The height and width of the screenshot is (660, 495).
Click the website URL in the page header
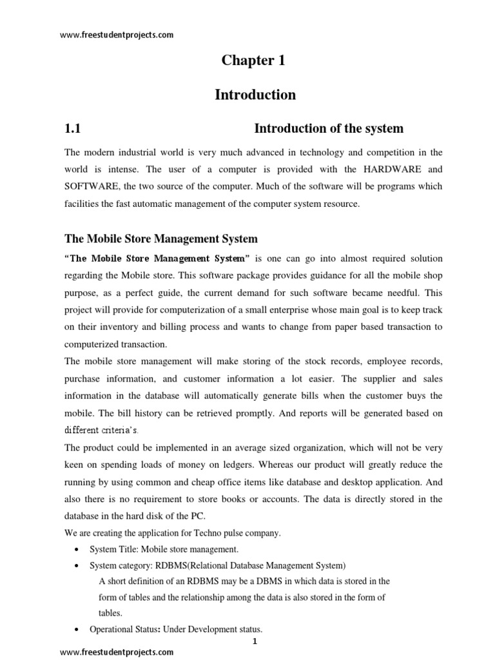[117, 35]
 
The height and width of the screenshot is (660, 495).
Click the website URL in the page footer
[117, 652]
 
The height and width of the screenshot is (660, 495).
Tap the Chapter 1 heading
[253, 61]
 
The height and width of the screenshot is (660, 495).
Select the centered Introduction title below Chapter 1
[255, 95]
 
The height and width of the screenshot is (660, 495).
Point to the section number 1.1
[72, 128]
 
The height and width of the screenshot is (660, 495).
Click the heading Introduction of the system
[329, 128]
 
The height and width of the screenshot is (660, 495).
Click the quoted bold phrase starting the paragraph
[157, 258]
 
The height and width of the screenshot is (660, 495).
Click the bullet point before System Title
[77, 549]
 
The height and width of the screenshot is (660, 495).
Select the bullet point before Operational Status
[77, 629]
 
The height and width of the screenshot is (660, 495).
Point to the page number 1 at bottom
[255, 641]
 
